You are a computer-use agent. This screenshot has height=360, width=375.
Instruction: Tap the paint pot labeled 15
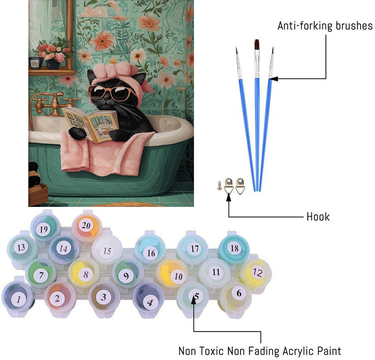click(107, 250)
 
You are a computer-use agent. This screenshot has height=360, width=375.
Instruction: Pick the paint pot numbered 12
click(256, 272)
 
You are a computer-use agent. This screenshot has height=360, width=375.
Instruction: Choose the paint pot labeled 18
click(234, 248)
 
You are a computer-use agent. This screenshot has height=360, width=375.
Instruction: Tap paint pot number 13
click(21, 247)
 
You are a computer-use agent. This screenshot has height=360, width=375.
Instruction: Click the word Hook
click(318, 217)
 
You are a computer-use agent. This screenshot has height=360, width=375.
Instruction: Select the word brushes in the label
click(354, 26)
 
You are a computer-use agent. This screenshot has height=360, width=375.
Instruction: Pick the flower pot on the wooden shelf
click(53, 64)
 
